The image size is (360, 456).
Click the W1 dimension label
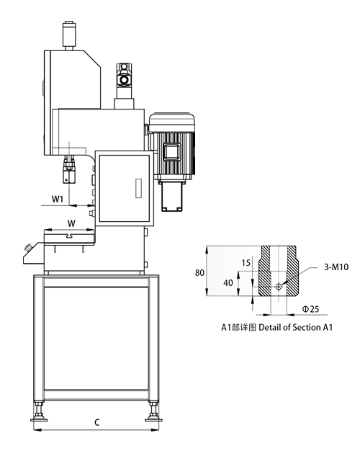coord(58,200)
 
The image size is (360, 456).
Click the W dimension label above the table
coord(71,223)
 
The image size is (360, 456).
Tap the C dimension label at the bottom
coord(97,422)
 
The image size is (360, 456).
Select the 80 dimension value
coord(199,273)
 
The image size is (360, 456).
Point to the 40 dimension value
coord(228,282)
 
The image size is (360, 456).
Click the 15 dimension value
coord(246,263)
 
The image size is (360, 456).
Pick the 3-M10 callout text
coord(336,267)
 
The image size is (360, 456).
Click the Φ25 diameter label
coord(310,309)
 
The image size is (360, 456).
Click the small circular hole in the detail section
coord(279,287)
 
